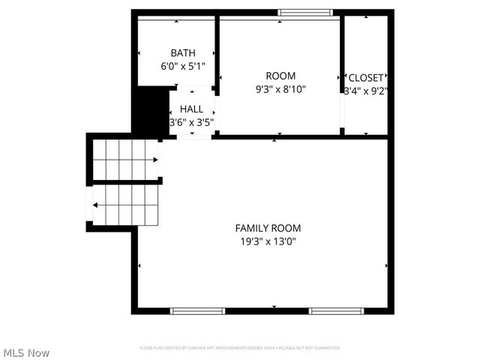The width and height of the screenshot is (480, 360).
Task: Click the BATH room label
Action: click(183, 53)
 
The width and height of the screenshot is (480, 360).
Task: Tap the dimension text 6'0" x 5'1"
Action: click(183, 66)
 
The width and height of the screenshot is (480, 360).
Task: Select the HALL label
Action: click(191, 109)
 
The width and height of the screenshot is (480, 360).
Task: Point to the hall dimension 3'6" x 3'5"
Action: click(191, 122)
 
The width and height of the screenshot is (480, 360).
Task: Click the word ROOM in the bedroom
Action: click(280, 76)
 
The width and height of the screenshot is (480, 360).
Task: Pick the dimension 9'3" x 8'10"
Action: click(280, 89)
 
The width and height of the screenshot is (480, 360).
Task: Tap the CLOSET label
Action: click(366, 78)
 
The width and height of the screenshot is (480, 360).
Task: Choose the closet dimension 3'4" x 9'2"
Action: click(365, 91)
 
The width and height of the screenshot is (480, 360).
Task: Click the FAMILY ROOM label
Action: click(268, 228)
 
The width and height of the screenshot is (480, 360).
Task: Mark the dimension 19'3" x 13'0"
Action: click(268, 241)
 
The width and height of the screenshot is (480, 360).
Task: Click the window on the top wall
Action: click(305, 12)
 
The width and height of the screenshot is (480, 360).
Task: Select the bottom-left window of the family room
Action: click(197, 310)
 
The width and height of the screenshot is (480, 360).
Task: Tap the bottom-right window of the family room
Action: click(337, 310)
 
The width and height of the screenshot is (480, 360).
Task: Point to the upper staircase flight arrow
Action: click(154, 160)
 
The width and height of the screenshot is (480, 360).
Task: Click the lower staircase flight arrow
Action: click(94, 204)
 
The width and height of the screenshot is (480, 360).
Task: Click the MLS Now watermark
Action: click(26, 352)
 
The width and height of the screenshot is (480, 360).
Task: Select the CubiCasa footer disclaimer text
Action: click(240, 348)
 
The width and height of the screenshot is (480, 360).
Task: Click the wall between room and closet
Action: click(342, 75)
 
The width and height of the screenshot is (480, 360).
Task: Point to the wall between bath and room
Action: click(217, 52)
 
